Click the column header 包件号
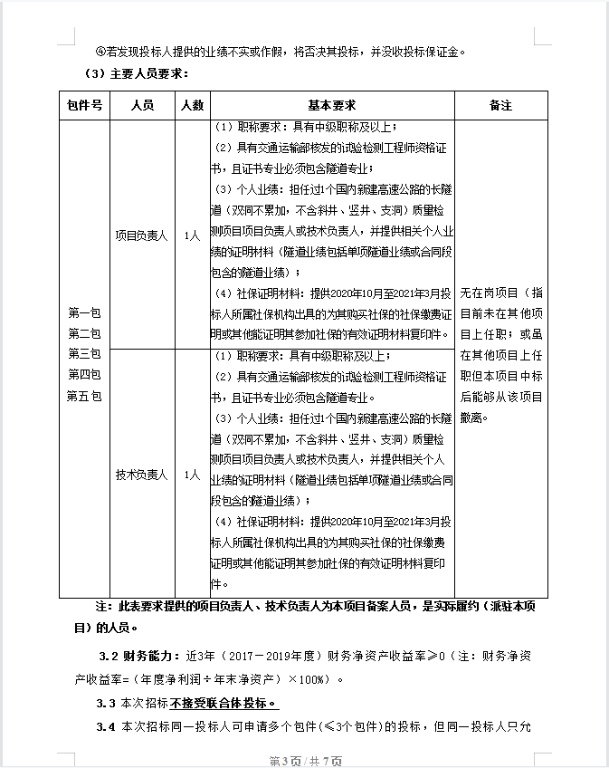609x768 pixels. pyautogui.click(x=84, y=105)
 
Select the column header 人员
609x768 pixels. pyautogui.click(x=142, y=105)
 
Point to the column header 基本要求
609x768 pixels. pyautogui.click(x=332, y=105)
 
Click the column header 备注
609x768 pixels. pyautogui.click(x=500, y=105)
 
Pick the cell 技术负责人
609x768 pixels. pyautogui.click(x=142, y=474)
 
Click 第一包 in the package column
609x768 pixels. pyautogui.click(x=84, y=312)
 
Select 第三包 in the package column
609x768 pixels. pyautogui.click(x=84, y=353)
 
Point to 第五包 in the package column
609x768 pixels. pyautogui.click(x=84, y=395)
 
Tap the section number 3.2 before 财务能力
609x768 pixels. pyautogui.click(x=107, y=655)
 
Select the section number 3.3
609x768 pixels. pyautogui.click(x=107, y=704)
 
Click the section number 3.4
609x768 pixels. pyautogui.click(x=107, y=726)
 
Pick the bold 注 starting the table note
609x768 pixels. pyautogui.click(x=100, y=605)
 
